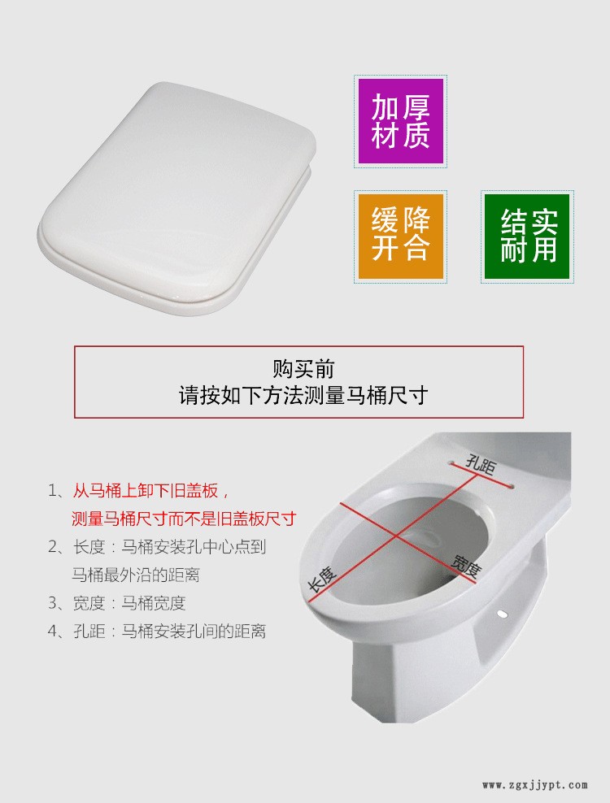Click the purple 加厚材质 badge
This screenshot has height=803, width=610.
(x=400, y=122)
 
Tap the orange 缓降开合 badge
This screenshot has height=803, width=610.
(x=400, y=235)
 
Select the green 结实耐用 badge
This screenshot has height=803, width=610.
(x=528, y=237)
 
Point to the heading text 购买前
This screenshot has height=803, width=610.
(x=303, y=369)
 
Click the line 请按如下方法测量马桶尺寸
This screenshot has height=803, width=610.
(x=303, y=396)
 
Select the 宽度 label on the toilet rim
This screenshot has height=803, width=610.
(x=467, y=564)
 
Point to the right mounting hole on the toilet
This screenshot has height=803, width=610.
(x=511, y=487)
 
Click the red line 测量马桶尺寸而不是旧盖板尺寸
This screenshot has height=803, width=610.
(x=184, y=519)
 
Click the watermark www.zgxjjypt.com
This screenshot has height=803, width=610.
(x=534, y=784)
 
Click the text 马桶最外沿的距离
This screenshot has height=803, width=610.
(x=136, y=575)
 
